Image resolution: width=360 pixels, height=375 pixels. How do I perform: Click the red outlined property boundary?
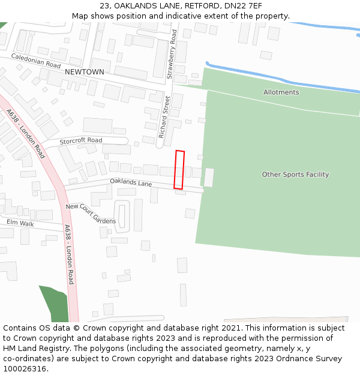179,170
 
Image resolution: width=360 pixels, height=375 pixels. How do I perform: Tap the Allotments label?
281,92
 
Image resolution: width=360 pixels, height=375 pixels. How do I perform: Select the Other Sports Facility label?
295,175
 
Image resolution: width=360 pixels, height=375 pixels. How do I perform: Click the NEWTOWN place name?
84,72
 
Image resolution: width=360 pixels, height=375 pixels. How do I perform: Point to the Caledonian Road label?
36,61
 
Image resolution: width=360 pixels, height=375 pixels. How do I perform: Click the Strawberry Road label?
172,54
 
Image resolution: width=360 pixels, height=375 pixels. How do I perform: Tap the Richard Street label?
164,117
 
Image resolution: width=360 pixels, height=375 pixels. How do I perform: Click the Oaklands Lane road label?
131,182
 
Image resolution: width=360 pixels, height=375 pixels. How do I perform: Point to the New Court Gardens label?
91,214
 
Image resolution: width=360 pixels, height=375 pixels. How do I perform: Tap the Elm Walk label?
20,223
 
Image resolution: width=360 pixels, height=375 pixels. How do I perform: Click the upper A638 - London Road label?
26,134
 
